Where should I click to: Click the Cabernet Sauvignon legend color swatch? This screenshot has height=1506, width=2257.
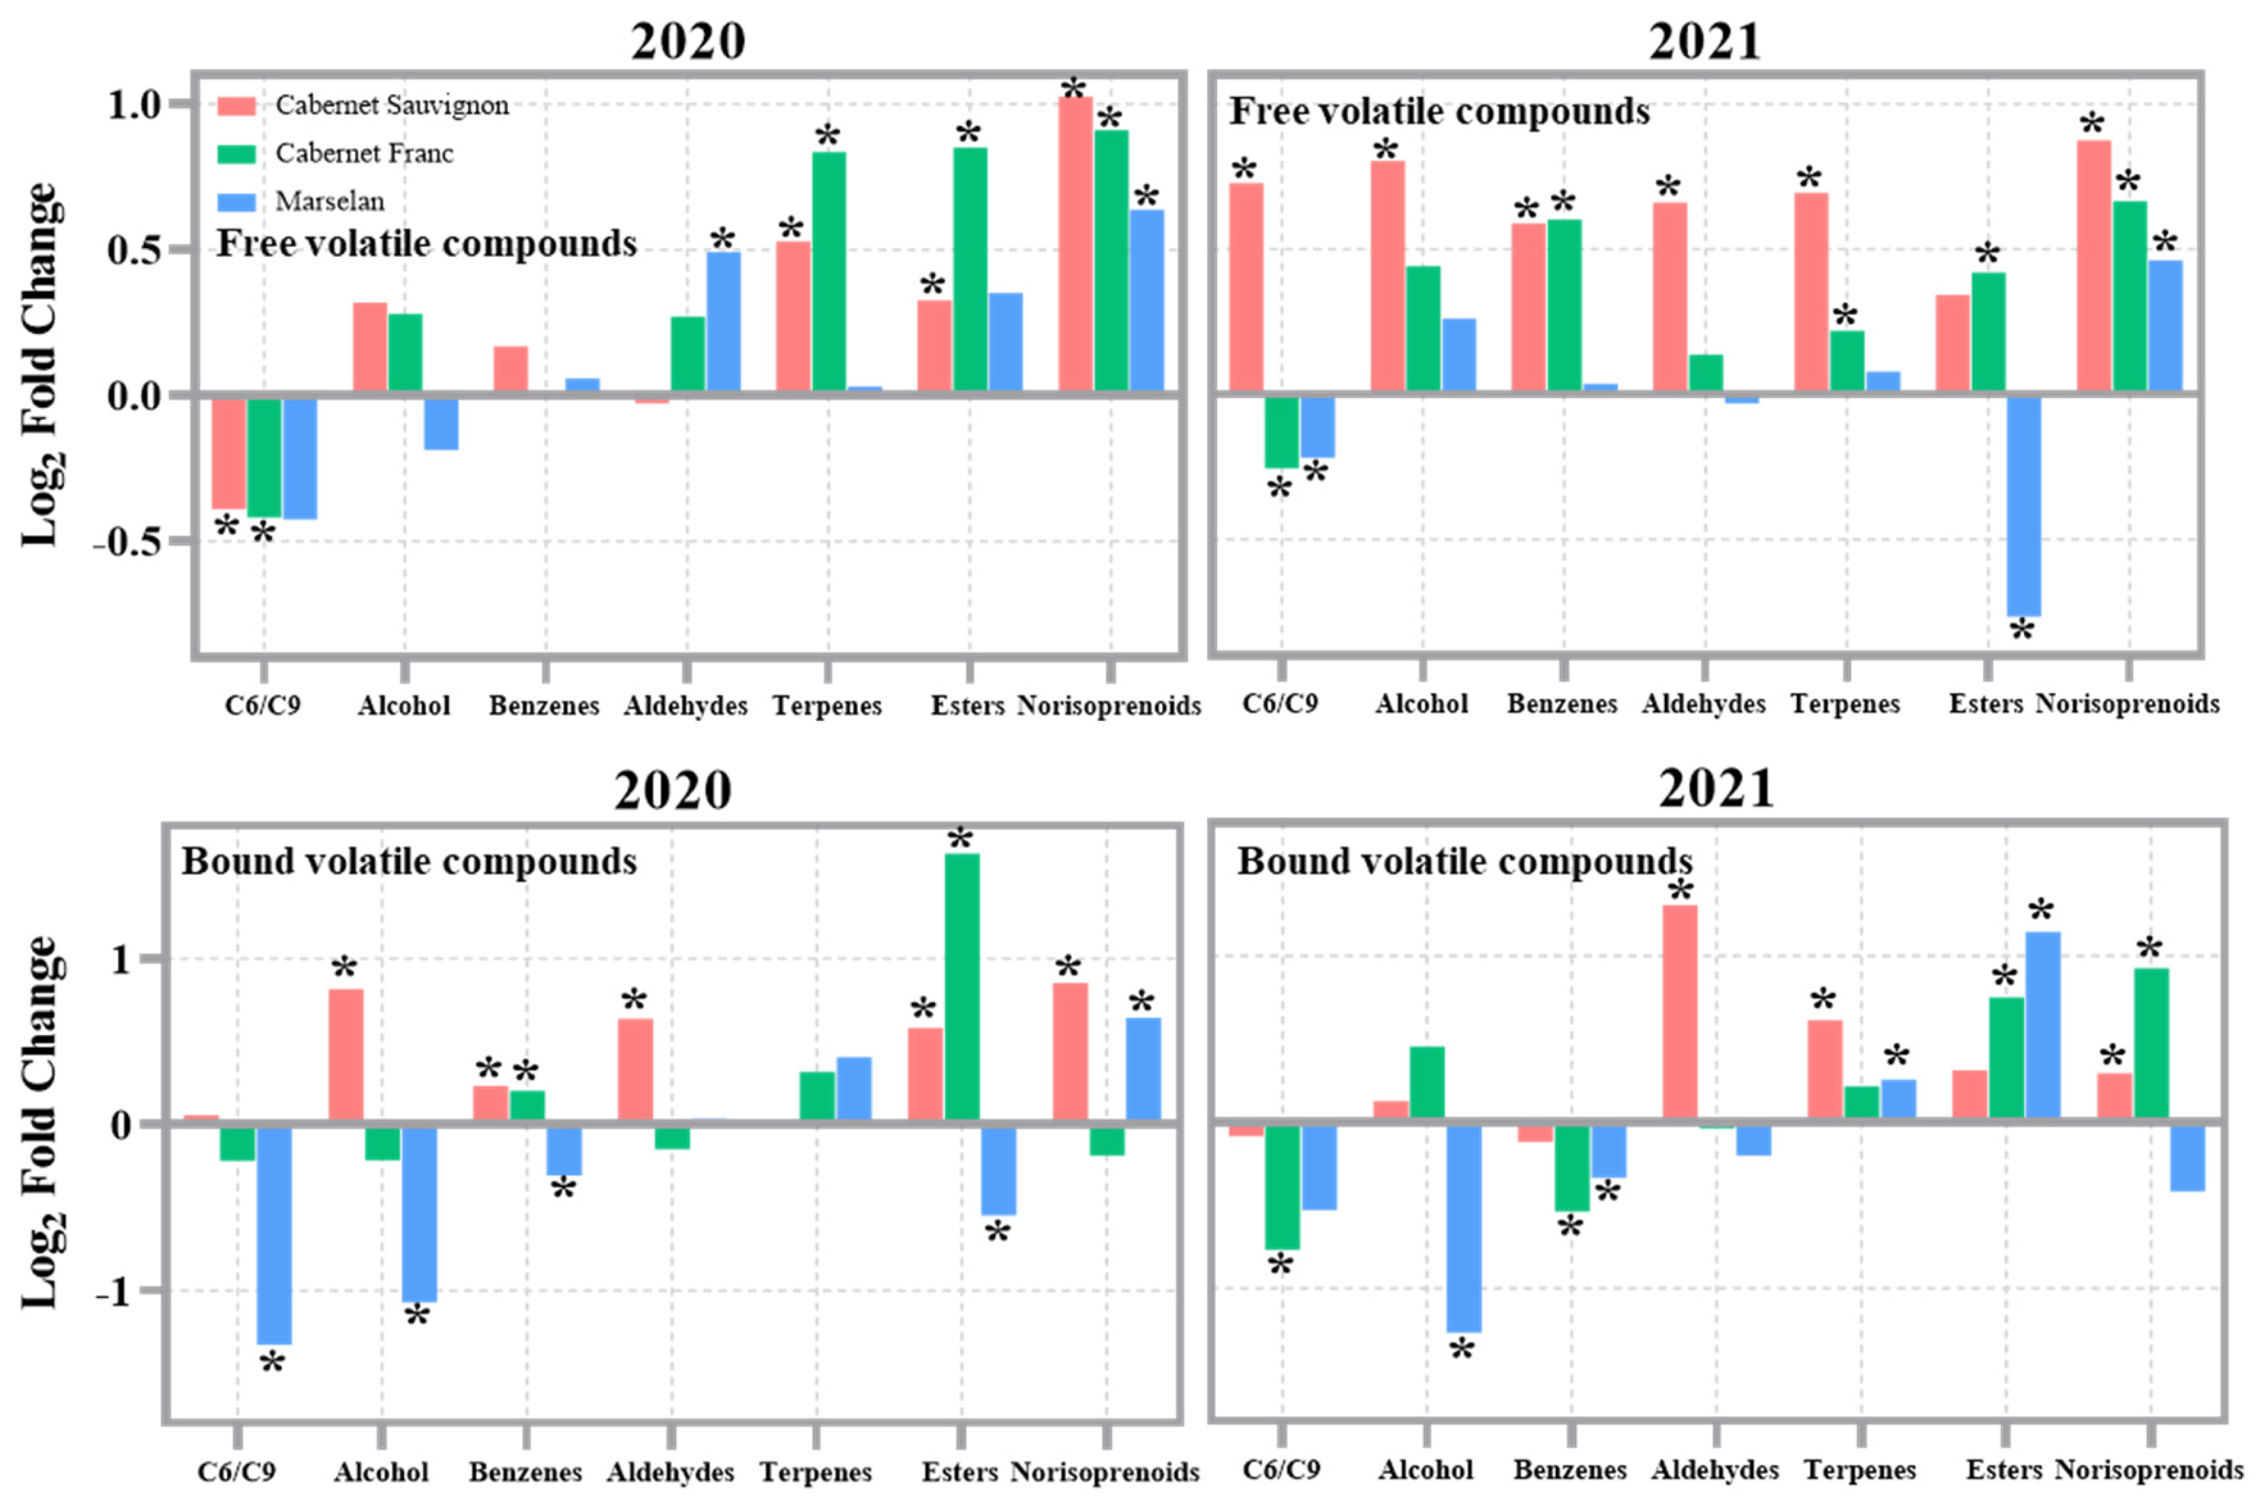click(x=236, y=106)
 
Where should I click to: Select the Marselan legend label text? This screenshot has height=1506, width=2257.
click(x=329, y=202)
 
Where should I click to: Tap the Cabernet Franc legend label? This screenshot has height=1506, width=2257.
click(x=364, y=154)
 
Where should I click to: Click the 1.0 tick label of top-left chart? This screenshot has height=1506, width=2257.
click(x=134, y=104)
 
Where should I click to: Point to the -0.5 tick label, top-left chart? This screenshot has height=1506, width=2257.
click(x=127, y=542)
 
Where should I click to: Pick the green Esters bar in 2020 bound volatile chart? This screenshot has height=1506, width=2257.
click(x=962, y=986)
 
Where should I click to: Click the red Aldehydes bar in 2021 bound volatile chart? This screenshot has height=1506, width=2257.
click(x=1680, y=1013)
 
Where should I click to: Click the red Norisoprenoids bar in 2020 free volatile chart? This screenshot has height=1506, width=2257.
click(x=1075, y=245)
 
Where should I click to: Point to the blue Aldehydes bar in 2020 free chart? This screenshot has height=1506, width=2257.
click(x=723, y=322)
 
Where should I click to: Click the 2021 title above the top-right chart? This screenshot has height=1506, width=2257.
click(x=1705, y=42)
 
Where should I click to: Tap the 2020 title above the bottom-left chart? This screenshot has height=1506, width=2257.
click(x=673, y=791)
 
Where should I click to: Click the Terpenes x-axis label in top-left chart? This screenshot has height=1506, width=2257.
click(x=827, y=706)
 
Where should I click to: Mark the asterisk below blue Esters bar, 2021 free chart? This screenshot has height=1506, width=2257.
click(x=2022, y=631)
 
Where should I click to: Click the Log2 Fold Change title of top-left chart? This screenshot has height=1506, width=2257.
click(x=40, y=365)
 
